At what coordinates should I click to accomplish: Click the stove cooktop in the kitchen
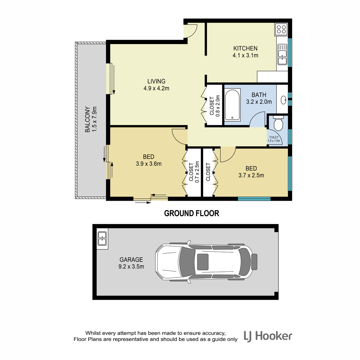click(281, 29)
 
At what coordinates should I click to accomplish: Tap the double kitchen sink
click(282, 54)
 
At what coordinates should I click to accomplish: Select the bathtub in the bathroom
click(232, 105)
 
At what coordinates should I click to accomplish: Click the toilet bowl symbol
click(278, 123)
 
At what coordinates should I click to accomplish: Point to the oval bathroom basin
click(283, 100)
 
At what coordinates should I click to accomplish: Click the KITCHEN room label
click(245, 48)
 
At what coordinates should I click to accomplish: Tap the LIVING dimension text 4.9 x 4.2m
click(156, 88)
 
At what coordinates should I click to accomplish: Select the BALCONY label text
click(87, 119)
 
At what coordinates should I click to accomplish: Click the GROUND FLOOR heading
click(191, 213)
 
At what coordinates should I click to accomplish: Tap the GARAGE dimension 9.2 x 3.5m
click(131, 266)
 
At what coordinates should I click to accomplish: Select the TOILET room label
click(274, 137)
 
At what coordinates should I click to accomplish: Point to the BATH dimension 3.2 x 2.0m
click(259, 102)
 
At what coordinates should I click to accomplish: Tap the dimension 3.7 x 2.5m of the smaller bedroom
click(251, 175)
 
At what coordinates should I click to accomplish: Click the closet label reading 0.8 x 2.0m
click(217, 106)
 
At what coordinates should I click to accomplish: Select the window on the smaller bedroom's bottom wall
click(254, 199)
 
